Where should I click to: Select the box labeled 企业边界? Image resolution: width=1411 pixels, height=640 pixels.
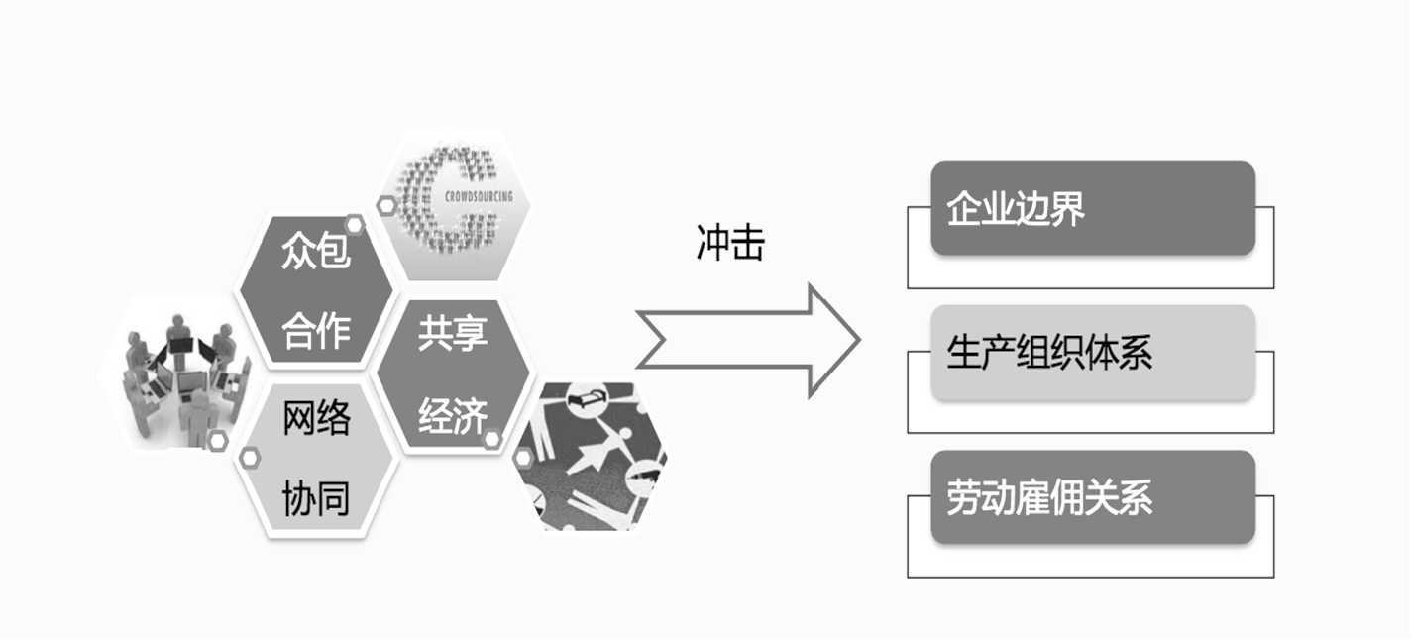(x=1092, y=209)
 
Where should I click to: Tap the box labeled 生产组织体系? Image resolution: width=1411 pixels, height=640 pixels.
(x=1092, y=354)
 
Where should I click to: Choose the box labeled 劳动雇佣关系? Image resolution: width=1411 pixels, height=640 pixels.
(x=1092, y=497)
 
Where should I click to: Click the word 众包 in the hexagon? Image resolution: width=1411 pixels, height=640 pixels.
(x=316, y=253)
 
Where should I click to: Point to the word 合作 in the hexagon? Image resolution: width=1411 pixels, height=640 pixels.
(x=316, y=333)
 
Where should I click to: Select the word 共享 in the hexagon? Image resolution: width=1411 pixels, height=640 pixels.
(x=453, y=333)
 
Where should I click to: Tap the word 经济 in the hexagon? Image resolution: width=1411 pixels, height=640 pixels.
(x=453, y=415)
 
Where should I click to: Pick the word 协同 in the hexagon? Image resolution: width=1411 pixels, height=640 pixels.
(x=316, y=498)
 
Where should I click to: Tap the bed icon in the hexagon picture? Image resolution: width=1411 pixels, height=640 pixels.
(x=582, y=402)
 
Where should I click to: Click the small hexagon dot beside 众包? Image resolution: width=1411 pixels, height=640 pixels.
(x=354, y=226)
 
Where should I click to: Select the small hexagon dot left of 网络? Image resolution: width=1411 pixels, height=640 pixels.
(x=250, y=457)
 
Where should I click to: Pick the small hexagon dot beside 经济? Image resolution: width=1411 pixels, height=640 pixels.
(x=492, y=436)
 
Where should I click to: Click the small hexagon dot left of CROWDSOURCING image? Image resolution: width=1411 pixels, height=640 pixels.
(x=385, y=205)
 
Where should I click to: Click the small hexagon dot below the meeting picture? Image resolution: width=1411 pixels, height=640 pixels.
(x=217, y=438)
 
